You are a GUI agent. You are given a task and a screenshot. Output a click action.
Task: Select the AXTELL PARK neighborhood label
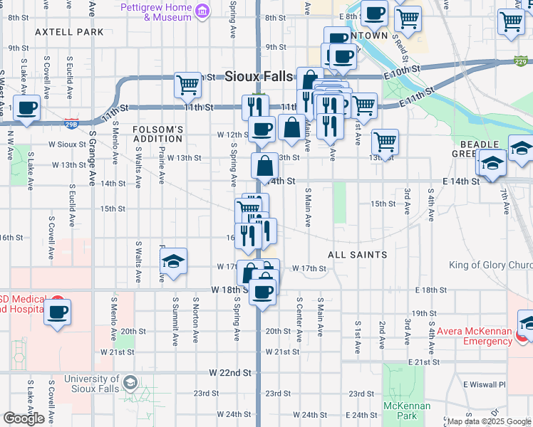point(69,32)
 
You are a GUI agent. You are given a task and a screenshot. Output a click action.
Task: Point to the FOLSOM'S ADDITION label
point(158,134)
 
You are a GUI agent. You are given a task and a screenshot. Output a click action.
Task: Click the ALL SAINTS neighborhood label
point(357,254)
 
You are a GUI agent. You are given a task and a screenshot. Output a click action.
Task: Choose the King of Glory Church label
point(490,265)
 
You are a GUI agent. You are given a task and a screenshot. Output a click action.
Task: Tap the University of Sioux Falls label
point(91,384)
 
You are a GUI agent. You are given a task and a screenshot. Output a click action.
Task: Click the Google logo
point(24,418)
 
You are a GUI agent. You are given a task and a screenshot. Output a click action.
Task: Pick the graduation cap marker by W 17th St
point(173,262)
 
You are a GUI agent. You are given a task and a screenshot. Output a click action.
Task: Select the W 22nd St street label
point(231,372)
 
